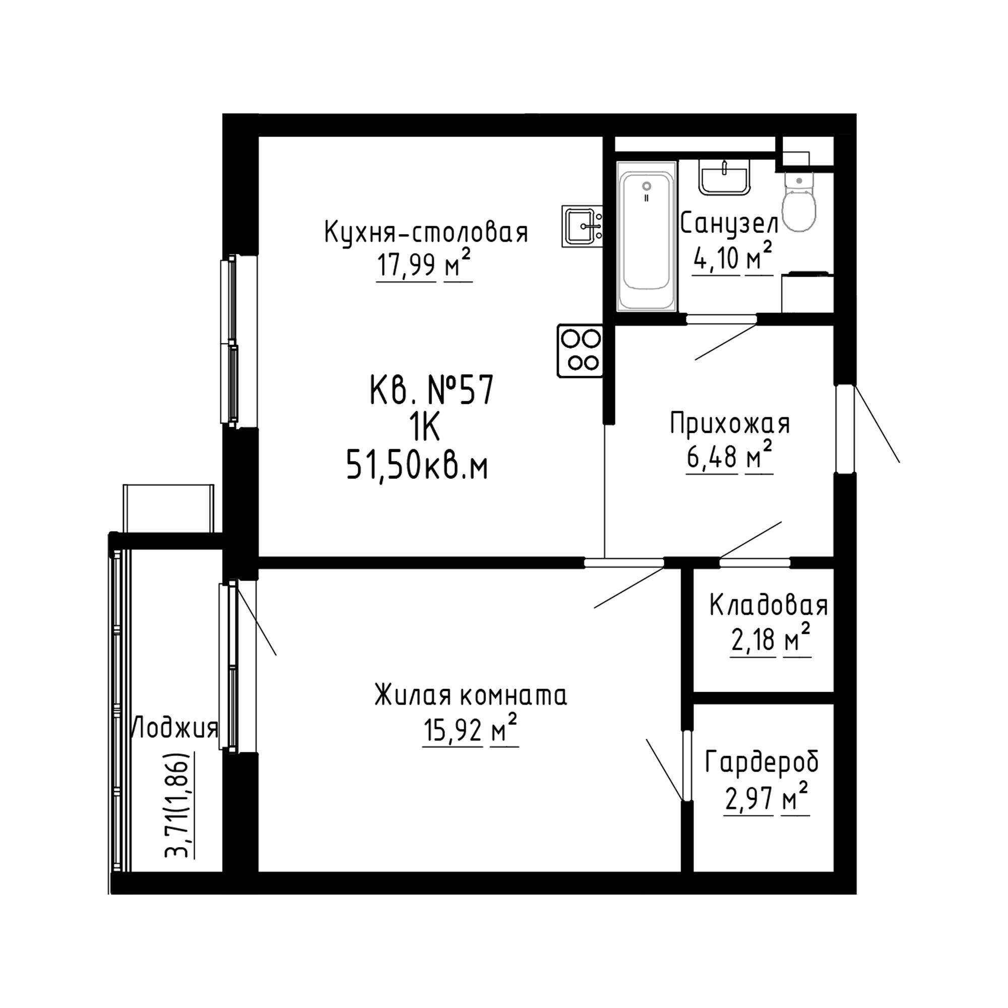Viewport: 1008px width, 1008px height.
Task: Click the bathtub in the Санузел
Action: pyautogui.click(x=647, y=236)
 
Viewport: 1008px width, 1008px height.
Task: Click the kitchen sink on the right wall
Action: pyautogui.click(x=582, y=226)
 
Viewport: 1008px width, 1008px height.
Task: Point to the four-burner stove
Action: pyautogui.click(x=580, y=351)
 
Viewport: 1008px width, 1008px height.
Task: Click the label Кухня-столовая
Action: pyautogui.click(x=426, y=232)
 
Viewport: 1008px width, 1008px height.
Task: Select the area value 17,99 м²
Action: pyautogui.click(x=424, y=264)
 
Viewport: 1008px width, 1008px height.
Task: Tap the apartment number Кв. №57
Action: pyautogui.click(x=431, y=391)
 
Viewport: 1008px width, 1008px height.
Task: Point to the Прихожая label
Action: pyautogui.click(x=730, y=424)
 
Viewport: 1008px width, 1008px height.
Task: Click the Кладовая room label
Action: pyautogui.click(x=768, y=606)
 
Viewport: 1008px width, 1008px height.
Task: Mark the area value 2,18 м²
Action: pyautogui.click(x=771, y=639)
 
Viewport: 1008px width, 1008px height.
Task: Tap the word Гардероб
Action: pyautogui.click(x=762, y=763)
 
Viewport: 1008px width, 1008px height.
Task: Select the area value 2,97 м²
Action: pyautogui.click(x=767, y=798)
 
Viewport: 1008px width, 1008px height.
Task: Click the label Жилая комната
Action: pyautogui.click(x=471, y=696)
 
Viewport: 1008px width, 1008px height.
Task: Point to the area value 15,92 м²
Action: pyautogui.click(x=470, y=729)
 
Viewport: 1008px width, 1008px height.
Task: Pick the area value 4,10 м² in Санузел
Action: pyautogui.click(x=732, y=257)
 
